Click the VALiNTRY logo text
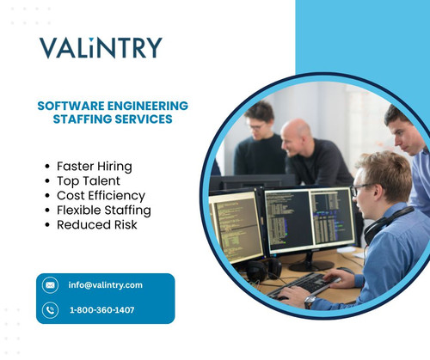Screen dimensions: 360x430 tap(100, 47)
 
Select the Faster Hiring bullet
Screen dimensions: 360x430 tap(95, 163)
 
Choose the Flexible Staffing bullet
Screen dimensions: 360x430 tap(103, 210)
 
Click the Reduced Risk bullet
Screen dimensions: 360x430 tap(96, 225)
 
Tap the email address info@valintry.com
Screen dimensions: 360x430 tap(106, 284)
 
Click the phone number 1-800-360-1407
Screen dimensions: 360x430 tap(101, 309)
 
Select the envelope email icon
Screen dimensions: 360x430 tap(50, 285)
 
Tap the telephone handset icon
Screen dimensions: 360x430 tap(50, 309)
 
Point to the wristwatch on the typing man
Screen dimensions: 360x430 tap(310, 302)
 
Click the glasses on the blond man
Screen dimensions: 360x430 tap(362, 188)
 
